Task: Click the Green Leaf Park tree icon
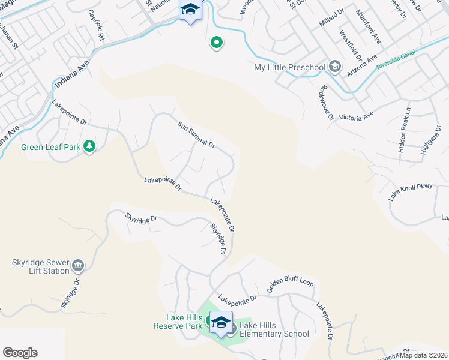tap(89, 146)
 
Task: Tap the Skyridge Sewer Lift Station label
tap(41, 266)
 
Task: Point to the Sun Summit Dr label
tap(196, 134)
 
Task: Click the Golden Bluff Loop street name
tap(290, 290)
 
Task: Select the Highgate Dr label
tap(430, 140)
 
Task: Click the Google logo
tap(20, 353)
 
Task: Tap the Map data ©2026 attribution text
tap(424, 355)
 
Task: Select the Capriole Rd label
tap(96, 25)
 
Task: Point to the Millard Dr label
tap(332, 27)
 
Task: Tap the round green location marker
tap(216, 43)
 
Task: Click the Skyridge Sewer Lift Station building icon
tap(78, 265)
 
